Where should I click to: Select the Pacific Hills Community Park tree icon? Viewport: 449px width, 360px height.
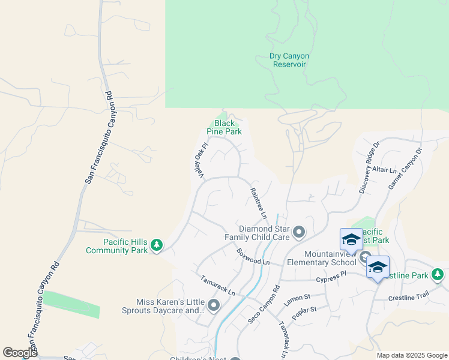pos(157,245)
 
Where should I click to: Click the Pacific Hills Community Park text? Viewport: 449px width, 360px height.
pos(117,246)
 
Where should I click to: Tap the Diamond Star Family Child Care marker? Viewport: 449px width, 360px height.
pos(299,231)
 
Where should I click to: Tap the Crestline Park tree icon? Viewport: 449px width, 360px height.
pos(438,275)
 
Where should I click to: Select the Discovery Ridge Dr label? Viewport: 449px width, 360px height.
pos(369,168)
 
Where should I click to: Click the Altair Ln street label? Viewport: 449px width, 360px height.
pos(385,170)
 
